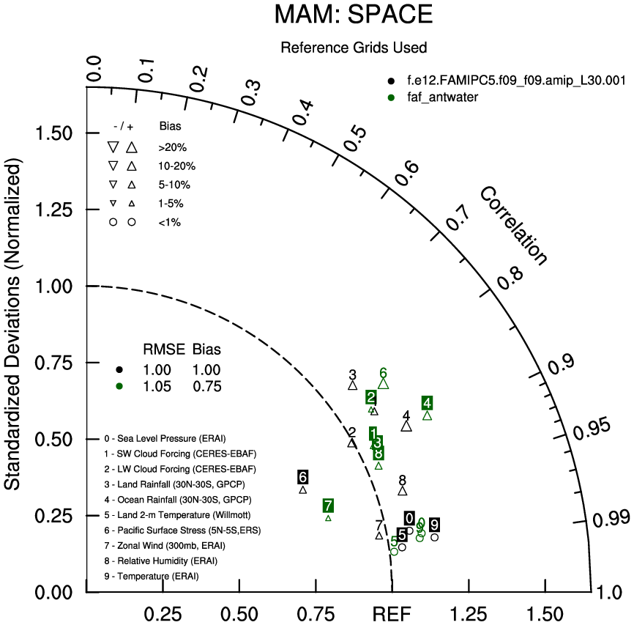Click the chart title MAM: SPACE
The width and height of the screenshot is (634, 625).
coord(354,14)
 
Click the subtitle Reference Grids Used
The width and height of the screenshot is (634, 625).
coord(354,48)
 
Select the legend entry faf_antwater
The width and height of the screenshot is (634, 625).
coord(442,97)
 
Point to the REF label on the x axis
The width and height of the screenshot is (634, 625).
coord(393,613)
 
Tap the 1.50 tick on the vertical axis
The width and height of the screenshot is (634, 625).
coord(59,133)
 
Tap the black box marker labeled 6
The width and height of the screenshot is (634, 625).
coord(303,477)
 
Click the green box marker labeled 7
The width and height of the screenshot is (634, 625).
coord(328,506)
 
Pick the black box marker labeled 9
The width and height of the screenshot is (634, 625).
coord(435,525)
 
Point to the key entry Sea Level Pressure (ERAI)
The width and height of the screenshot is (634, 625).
coord(172,439)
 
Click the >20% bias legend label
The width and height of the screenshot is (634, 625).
coord(172,147)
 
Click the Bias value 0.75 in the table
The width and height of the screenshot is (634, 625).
coord(206,387)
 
